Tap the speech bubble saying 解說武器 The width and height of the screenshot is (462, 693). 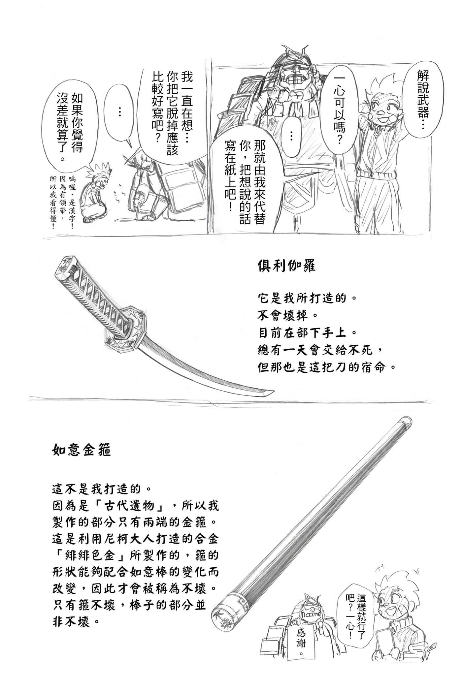click(422, 99)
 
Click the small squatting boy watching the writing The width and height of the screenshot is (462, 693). click(96, 195)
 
